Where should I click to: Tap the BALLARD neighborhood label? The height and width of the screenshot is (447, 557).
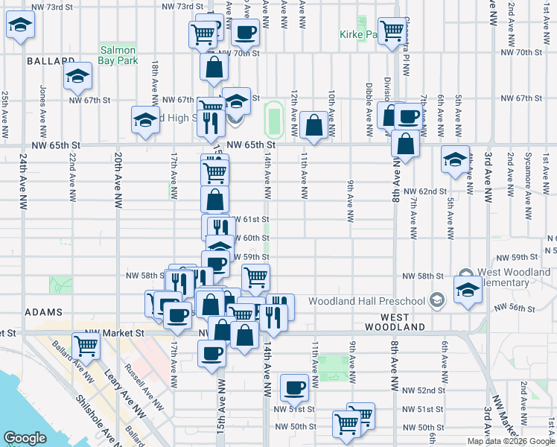click(x=50, y=60)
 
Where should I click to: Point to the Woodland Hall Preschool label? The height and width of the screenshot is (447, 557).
click(x=378, y=301)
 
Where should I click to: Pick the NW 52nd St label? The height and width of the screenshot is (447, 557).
click(x=423, y=390)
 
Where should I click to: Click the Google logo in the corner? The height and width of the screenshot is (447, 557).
click(x=25, y=438)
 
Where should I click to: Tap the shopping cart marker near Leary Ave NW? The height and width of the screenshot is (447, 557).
click(x=86, y=346)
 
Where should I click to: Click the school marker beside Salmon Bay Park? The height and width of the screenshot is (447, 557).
click(x=75, y=76)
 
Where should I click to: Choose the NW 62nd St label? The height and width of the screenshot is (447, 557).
click(x=425, y=191)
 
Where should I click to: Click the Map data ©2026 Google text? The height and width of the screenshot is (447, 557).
click(x=510, y=441)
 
